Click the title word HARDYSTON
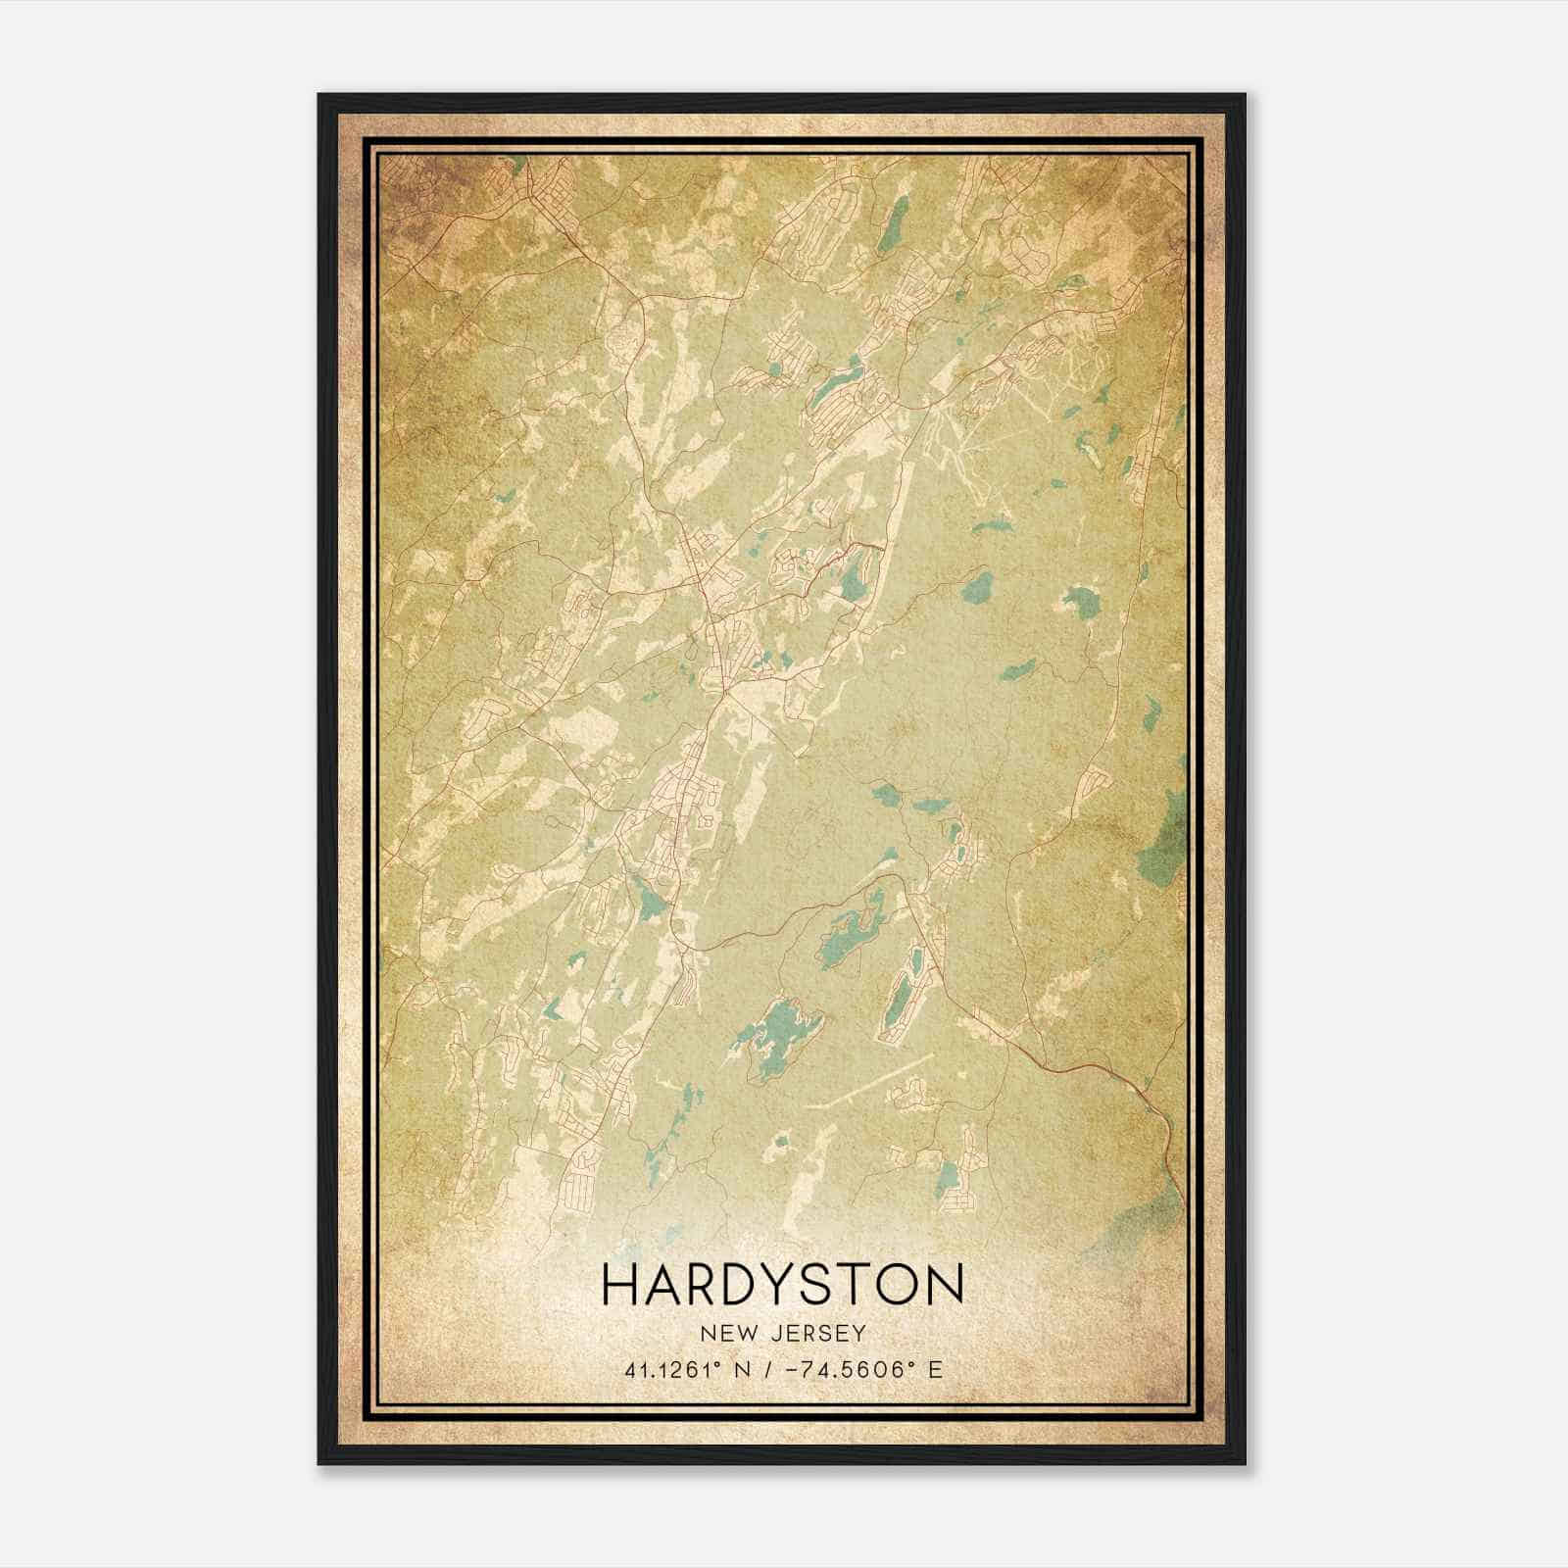coord(783,1285)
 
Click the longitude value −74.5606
coord(845,1370)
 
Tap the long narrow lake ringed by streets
coord(903,990)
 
